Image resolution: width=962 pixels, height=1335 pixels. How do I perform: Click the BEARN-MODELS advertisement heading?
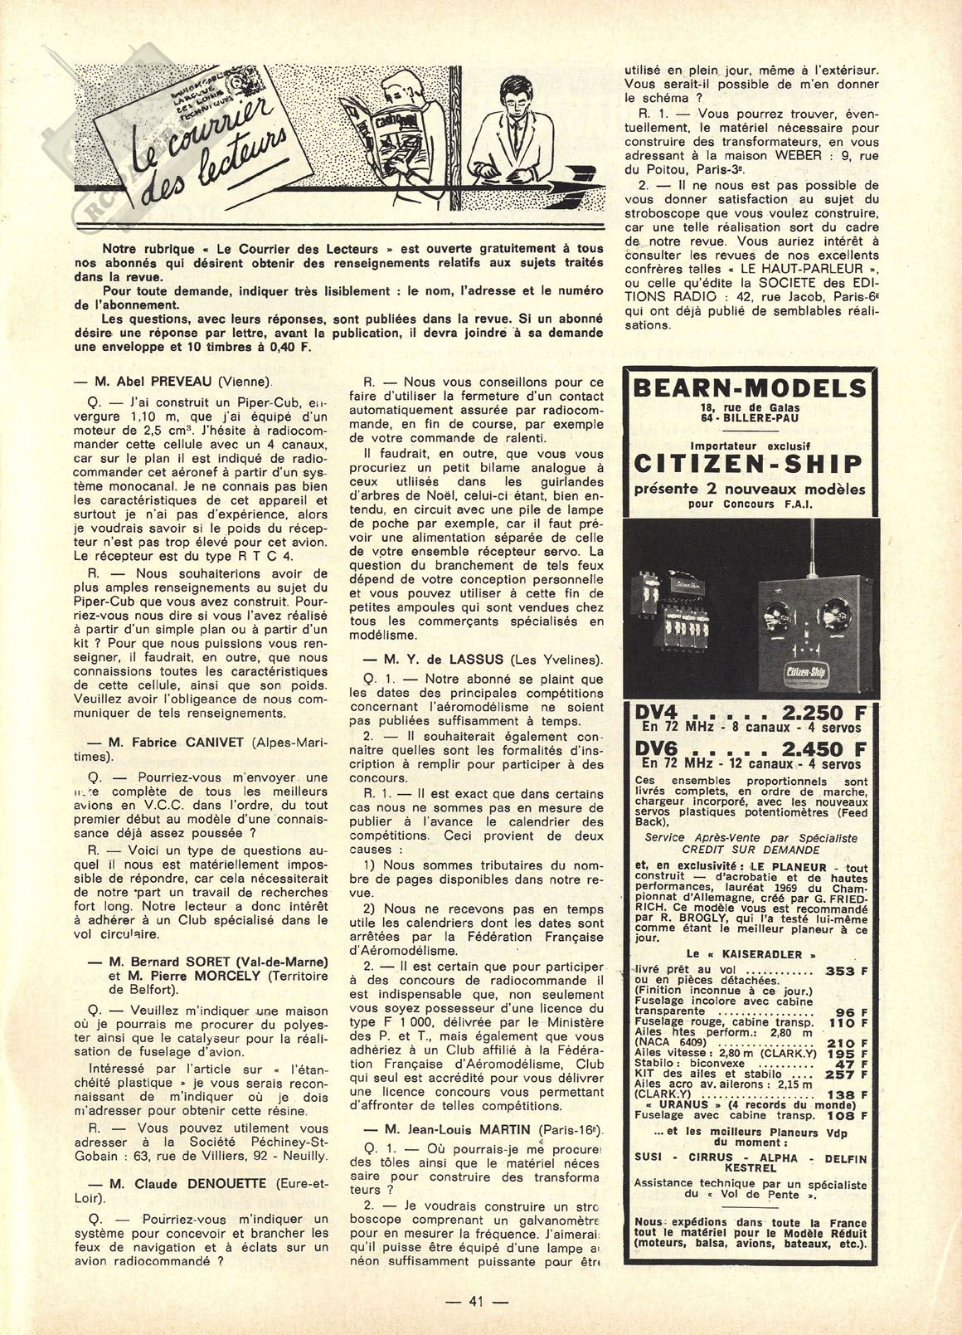pyautogui.click(x=749, y=388)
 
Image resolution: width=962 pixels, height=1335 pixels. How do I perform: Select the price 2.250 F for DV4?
pyautogui.click(x=814, y=713)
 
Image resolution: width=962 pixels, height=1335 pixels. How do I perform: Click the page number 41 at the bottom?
pyautogui.click(x=475, y=1301)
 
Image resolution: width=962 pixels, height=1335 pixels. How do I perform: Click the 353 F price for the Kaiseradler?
pyautogui.click(x=846, y=970)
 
